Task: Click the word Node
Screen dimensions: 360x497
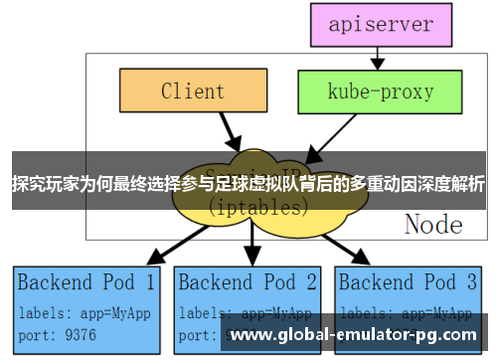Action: pos(432,225)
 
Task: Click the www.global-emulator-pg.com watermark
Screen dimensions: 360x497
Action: pos(353,335)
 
